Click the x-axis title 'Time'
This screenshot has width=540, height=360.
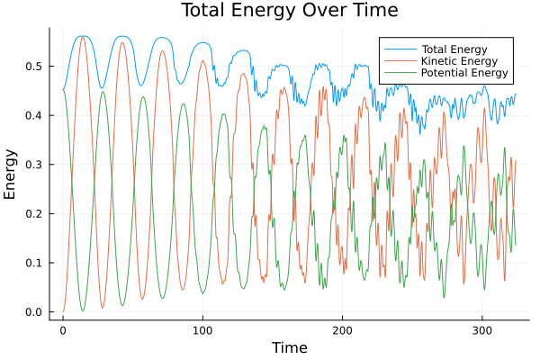[291, 347]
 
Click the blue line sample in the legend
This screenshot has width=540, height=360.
[397, 48]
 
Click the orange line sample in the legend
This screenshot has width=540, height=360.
[397, 60]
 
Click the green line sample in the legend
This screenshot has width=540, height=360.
[397, 73]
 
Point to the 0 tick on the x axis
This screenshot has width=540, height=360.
[63, 330]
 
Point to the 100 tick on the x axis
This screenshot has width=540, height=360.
[202, 330]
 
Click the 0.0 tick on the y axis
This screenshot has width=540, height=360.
[34, 312]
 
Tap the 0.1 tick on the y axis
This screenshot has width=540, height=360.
[34, 263]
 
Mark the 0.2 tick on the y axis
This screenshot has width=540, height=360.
[34, 214]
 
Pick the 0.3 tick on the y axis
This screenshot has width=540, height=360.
[34, 165]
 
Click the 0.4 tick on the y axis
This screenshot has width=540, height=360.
[34, 116]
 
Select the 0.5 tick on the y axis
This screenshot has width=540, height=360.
[34, 67]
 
